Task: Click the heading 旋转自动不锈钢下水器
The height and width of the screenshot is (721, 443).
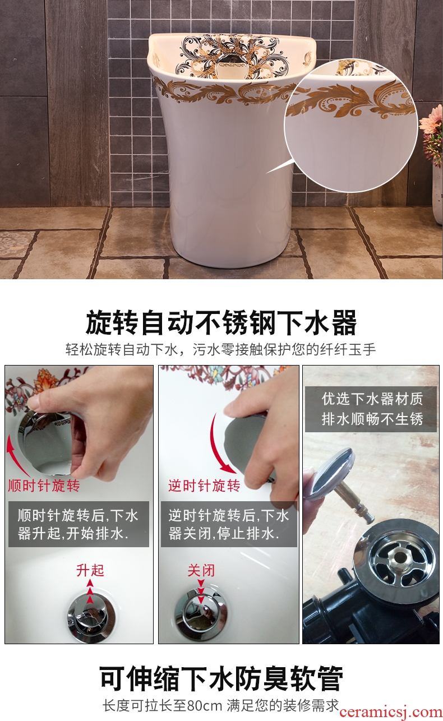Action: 221,322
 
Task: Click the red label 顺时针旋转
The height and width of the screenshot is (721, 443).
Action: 44,486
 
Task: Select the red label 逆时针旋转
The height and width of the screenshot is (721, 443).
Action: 204,486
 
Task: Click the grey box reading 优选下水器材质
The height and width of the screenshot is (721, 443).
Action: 371,409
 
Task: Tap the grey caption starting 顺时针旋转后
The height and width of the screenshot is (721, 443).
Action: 79,524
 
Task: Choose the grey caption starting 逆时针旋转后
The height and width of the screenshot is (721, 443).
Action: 229,524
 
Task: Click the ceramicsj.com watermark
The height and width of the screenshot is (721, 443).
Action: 391,712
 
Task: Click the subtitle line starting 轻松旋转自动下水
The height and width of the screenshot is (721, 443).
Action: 220,349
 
